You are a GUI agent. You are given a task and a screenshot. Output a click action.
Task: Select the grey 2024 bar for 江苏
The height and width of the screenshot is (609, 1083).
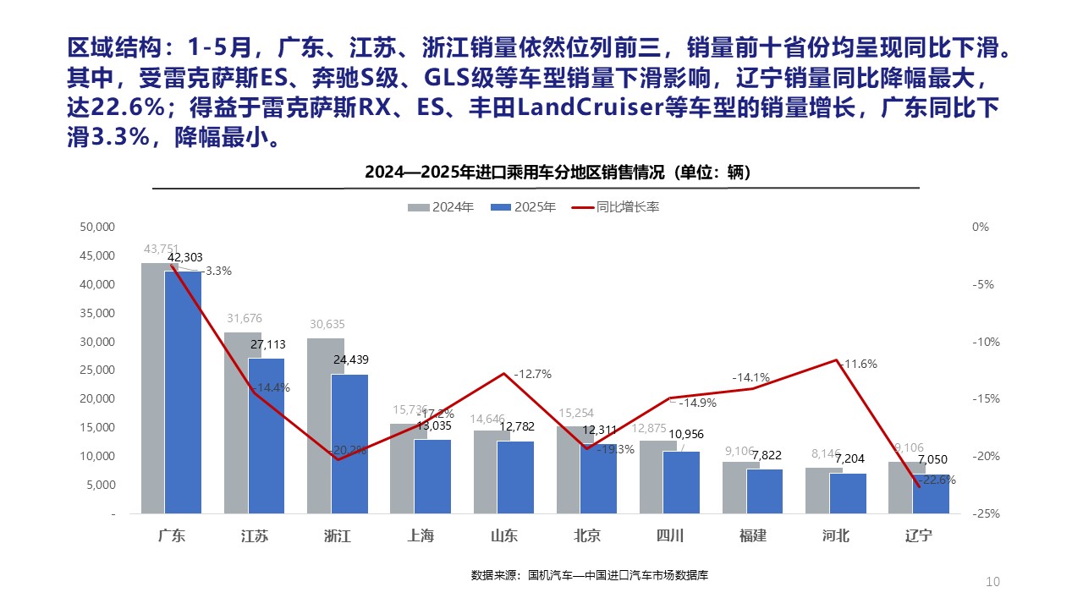tap(235, 423)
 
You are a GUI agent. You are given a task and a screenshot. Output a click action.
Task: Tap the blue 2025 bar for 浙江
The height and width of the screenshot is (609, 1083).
tap(349, 443)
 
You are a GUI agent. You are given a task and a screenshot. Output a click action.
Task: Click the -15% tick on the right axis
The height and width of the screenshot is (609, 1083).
tap(982, 398)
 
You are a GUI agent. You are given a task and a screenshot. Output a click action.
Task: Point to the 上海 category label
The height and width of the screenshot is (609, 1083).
tap(421, 535)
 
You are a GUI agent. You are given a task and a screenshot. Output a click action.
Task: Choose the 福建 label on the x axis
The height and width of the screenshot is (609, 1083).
tap(752, 535)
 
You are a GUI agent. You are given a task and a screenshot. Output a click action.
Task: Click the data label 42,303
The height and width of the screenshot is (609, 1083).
tap(184, 257)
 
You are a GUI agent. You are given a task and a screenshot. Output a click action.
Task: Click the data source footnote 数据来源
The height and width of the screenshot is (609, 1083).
tap(589, 575)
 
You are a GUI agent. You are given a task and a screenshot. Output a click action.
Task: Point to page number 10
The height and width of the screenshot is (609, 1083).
tap(992, 581)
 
